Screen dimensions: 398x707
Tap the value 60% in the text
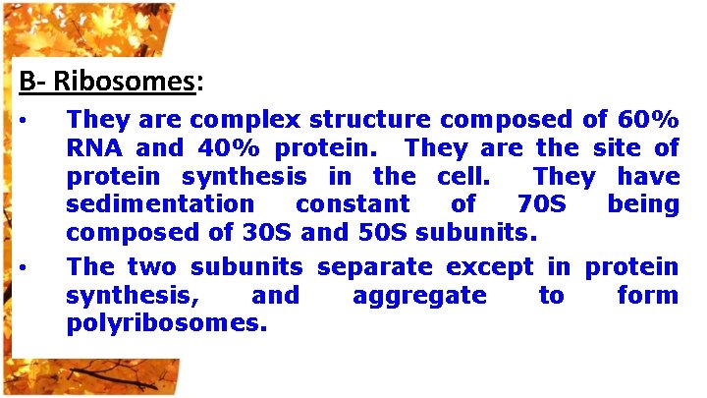click(648, 120)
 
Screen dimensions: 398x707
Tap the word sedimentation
click(159, 205)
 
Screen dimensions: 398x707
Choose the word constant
click(353, 205)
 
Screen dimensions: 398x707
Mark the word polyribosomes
click(166, 323)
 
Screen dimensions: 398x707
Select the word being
click(642, 205)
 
